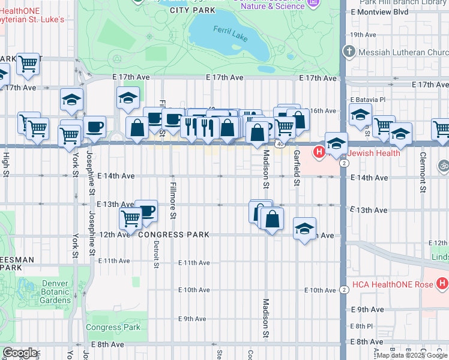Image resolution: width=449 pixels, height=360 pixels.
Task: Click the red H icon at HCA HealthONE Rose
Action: point(442,282)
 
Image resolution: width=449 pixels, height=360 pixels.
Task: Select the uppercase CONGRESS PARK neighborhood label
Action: point(173,235)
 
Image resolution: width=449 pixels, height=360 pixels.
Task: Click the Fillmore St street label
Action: point(172,200)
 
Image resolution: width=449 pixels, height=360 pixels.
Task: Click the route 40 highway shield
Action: point(280,144)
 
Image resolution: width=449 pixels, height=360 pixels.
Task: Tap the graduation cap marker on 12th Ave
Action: point(305,229)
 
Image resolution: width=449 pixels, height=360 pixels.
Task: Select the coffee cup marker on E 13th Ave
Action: point(146,211)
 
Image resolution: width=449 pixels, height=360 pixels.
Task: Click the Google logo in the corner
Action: point(20,353)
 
